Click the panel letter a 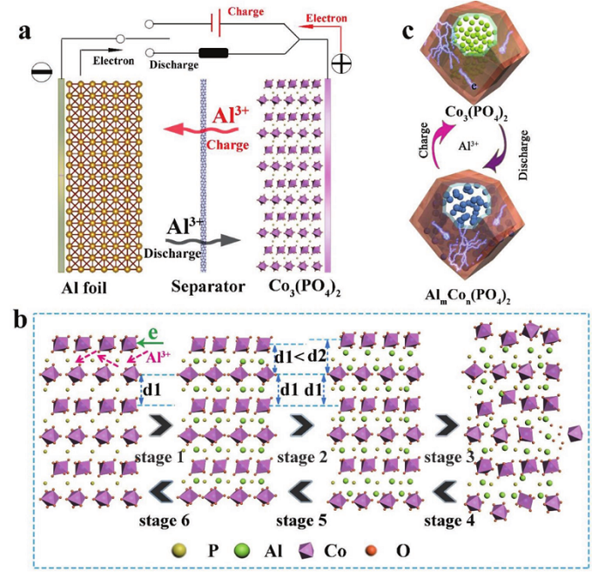pyautogui.click(x=25, y=31)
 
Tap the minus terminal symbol pyautogui.click(x=42, y=71)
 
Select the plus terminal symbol pyautogui.click(x=341, y=64)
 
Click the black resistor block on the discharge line pyautogui.click(x=213, y=53)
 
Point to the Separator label pyautogui.click(x=208, y=287)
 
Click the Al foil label pyautogui.click(x=84, y=288)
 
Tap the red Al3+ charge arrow pyautogui.click(x=200, y=131)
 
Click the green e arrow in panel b pyautogui.click(x=151, y=343)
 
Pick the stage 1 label pyautogui.click(x=159, y=458)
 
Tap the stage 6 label pyautogui.click(x=164, y=520)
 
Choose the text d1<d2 pyautogui.click(x=300, y=357)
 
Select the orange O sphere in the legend pyautogui.click(x=372, y=552)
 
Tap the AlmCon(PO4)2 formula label pyautogui.click(x=468, y=296)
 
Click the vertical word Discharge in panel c pyautogui.click(x=523, y=155)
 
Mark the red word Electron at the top pyautogui.click(x=326, y=18)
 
